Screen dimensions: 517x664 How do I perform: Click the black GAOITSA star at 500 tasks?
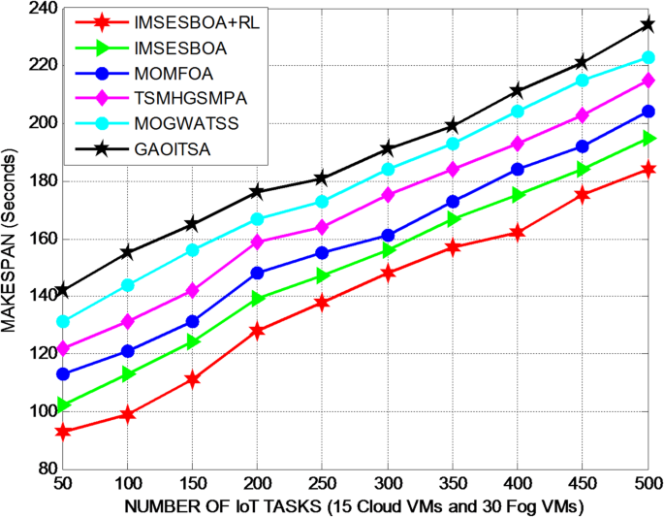[647, 25]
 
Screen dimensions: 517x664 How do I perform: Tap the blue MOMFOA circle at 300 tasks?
[388, 236]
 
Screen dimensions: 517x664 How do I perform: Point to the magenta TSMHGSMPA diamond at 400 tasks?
[518, 144]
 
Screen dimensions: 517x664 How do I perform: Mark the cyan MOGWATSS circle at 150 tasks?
[193, 250]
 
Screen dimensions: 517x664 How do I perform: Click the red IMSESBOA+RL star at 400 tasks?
[518, 233]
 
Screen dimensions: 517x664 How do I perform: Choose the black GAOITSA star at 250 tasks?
[323, 178]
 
